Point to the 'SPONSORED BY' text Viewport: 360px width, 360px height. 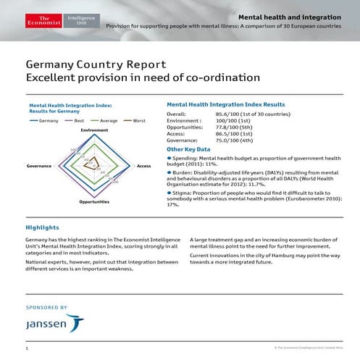coord(46,307)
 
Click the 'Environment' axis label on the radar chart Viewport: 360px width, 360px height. coord(95,130)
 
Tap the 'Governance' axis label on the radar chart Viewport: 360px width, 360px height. coord(38,166)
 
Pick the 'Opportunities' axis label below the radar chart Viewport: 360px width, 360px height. coord(94,201)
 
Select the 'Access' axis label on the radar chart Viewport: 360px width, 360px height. coord(143,166)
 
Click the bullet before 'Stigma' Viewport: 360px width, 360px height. coord(169,193)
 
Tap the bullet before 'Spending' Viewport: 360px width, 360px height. coord(169,157)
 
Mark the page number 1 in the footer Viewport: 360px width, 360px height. coord(26,349)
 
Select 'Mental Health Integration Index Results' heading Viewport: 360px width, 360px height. coord(226,104)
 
